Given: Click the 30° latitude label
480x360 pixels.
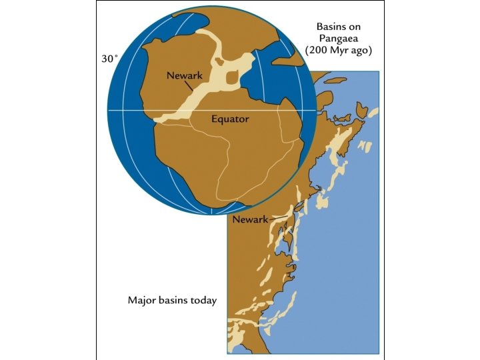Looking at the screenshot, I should point(109,59).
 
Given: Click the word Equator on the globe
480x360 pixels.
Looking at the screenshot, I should point(230,119).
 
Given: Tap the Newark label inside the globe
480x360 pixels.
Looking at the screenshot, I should point(184,76).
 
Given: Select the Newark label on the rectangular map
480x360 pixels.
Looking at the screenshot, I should point(249,219).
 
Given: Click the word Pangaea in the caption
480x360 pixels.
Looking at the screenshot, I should point(338,39).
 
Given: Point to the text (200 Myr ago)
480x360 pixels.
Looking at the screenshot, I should point(338,51).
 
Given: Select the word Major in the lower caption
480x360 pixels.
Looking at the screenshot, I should point(141,300).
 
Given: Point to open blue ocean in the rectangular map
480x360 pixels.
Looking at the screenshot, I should point(347,267).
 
